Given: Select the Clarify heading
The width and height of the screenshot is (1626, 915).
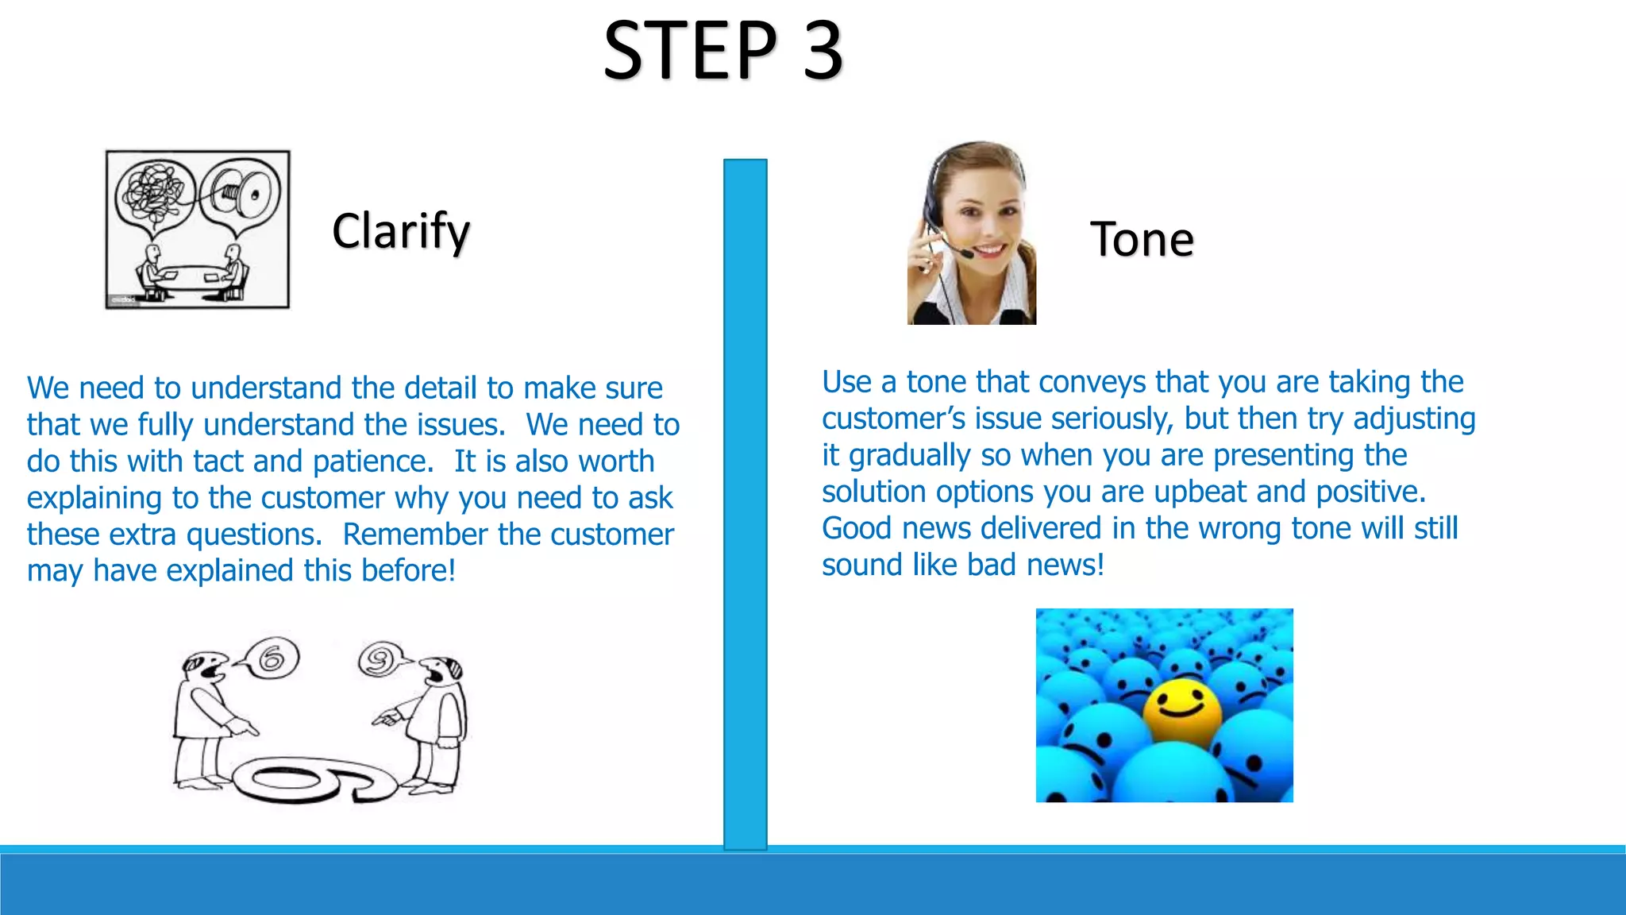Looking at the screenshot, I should point(401,231).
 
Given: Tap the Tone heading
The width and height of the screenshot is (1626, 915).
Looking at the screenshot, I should point(1142,239).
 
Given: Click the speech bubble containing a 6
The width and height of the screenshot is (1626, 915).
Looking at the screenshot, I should point(271,658).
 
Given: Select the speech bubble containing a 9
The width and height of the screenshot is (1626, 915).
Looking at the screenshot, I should point(380,659).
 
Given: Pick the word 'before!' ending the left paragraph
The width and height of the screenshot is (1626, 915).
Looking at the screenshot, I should point(408,571).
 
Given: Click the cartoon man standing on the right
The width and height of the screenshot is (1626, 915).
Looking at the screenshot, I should point(433,723).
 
